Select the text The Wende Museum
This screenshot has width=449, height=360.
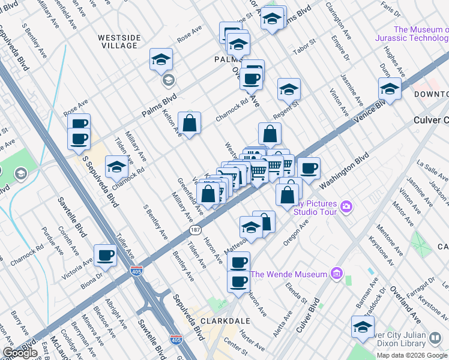(x=289, y=275)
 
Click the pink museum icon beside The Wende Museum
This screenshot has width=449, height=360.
(x=336, y=275)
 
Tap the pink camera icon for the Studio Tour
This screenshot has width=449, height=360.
(x=346, y=208)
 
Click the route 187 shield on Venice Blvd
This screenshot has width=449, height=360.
(x=194, y=230)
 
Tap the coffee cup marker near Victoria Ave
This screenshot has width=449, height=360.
(x=106, y=256)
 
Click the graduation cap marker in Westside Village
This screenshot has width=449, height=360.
(x=161, y=59)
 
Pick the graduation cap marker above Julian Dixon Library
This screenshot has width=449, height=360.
(x=363, y=327)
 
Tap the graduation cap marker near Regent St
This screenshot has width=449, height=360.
(x=289, y=89)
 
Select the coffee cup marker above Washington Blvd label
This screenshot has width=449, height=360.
(x=309, y=169)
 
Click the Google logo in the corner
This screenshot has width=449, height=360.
(x=20, y=353)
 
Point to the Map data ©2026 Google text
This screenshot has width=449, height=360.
(x=412, y=355)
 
